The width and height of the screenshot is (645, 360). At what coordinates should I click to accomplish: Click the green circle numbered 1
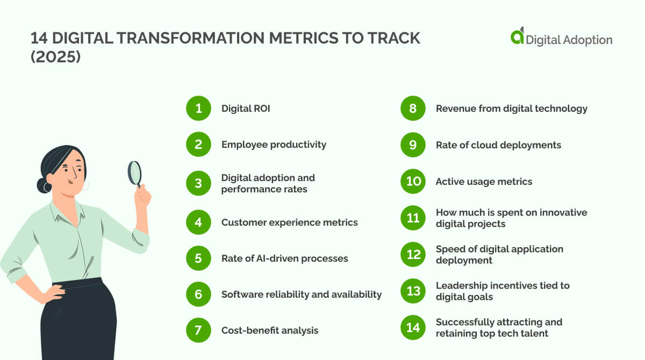[x=199, y=109]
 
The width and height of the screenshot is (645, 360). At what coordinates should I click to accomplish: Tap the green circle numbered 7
[x=199, y=330]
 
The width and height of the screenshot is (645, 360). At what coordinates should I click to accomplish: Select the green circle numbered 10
[x=413, y=181]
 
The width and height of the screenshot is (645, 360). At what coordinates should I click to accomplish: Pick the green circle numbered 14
[x=413, y=327]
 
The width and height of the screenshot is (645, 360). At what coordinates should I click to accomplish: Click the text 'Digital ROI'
[x=246, y=109]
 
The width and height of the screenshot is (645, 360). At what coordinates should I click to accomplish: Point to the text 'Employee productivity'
[x=274, y=145]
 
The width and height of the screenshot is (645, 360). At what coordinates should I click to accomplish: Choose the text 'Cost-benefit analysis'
[x=270, y=330]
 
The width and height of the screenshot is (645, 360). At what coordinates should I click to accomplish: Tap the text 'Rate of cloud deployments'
[x=498, y=145]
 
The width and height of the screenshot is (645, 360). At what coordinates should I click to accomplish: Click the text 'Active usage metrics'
[x=484, y=182]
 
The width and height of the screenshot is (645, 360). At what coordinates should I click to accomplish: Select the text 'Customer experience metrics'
[x=289, y=222]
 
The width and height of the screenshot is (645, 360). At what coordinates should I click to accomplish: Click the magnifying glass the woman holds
[x=134, y=172]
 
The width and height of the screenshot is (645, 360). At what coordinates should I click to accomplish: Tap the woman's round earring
[x=85, y=185]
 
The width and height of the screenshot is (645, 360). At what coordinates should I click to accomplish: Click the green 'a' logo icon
[x=517, y=37]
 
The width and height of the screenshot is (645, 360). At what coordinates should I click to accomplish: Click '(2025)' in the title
[x=56, y=56]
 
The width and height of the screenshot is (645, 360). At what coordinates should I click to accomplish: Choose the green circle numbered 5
[x=199, y=258]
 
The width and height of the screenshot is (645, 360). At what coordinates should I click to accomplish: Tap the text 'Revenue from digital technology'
[x=511, y=109]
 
